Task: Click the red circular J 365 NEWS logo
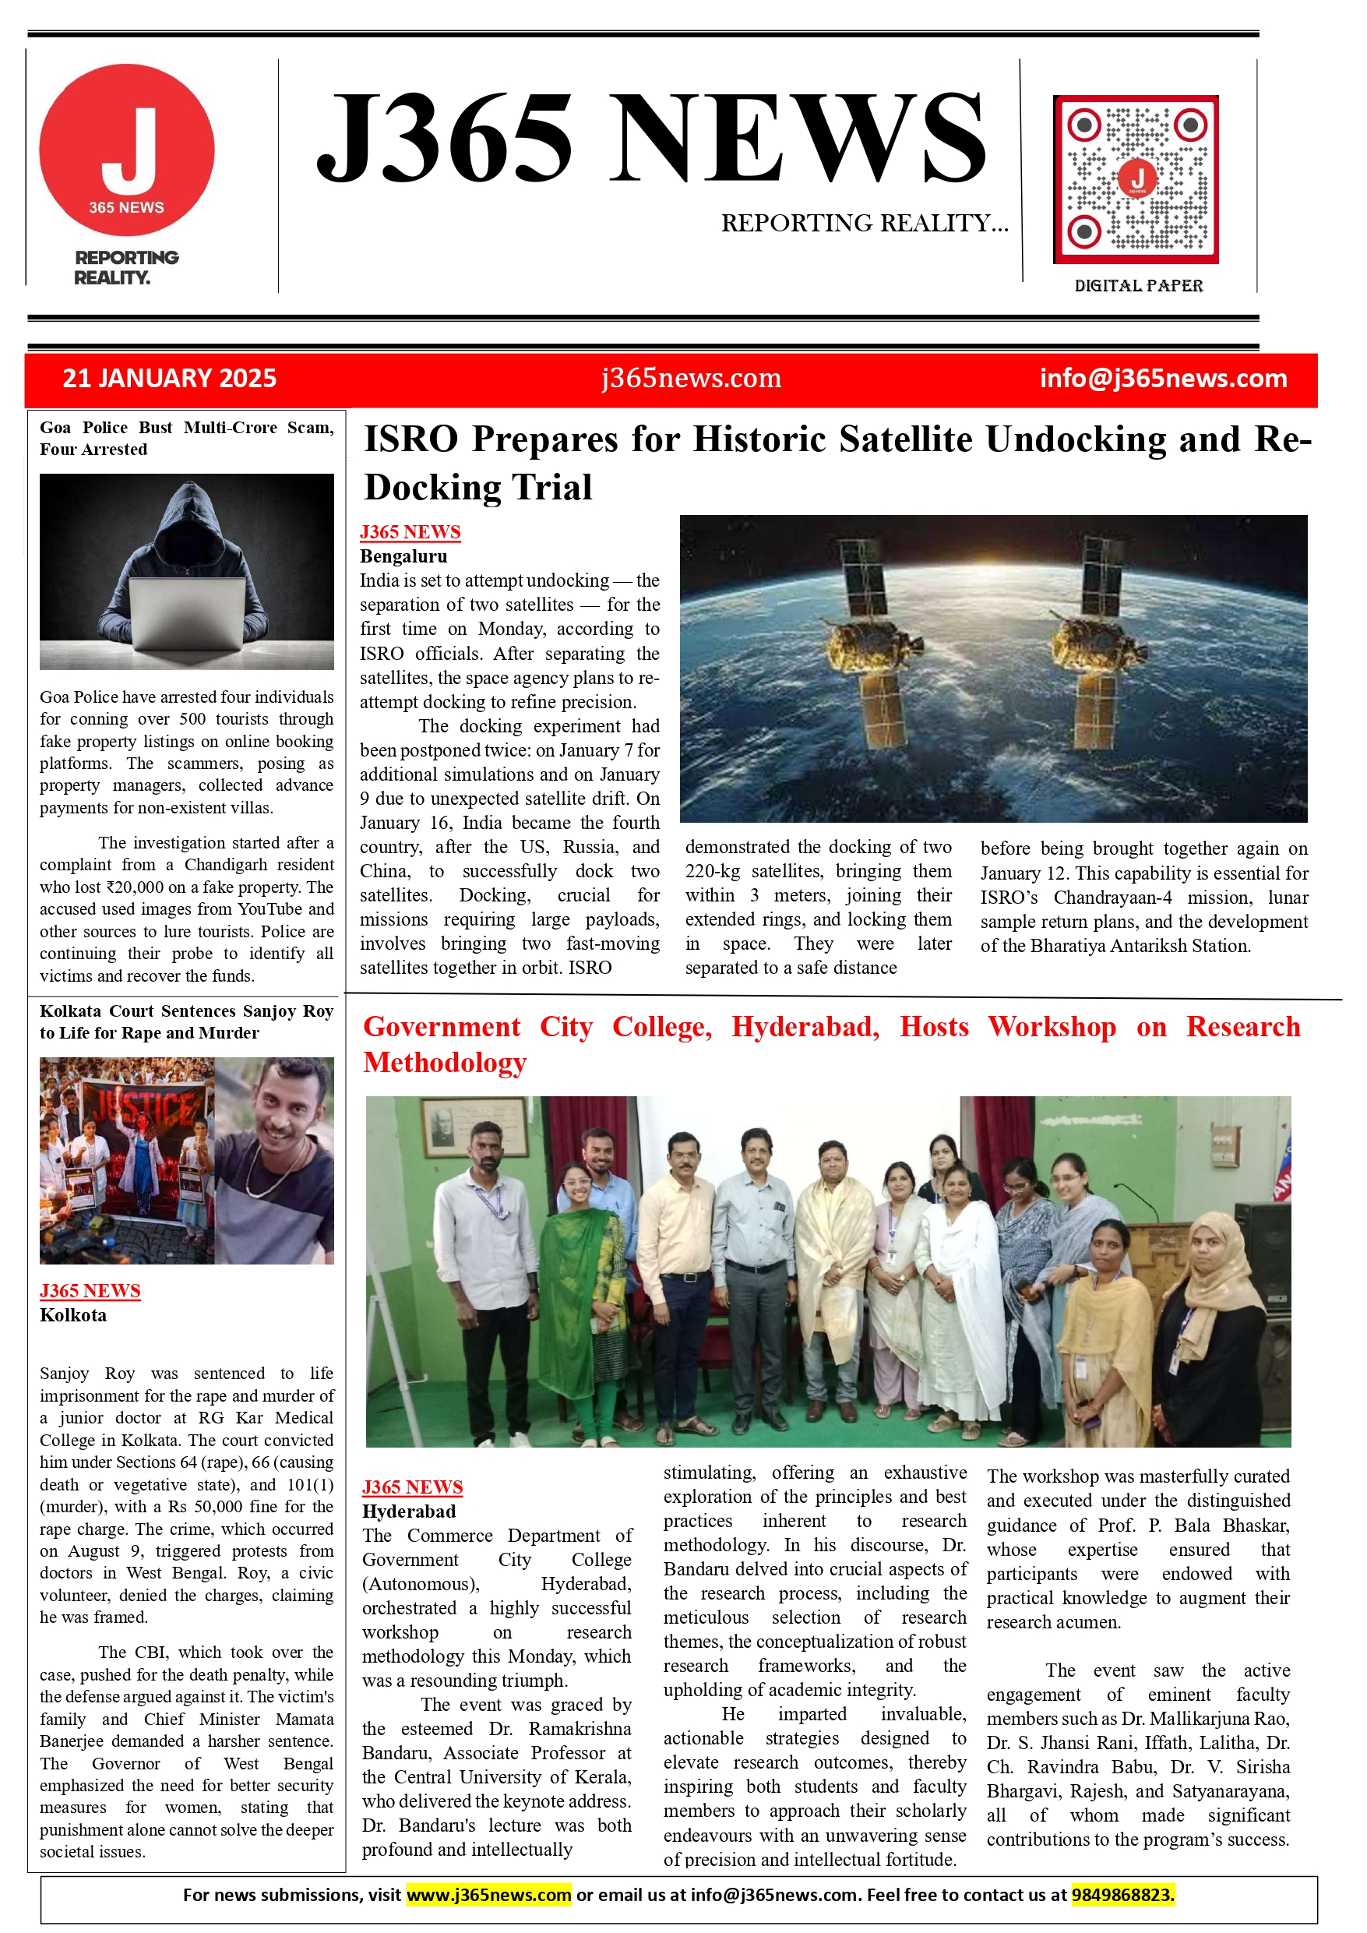point(126,150)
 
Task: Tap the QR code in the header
point(1136,178)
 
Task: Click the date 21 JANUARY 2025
point(169,378)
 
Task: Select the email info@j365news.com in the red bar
point(1162,378)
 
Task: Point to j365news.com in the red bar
point(690,378)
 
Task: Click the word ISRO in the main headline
point(410,439)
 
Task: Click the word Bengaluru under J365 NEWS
point(403,556)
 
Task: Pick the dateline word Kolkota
point(73,1315)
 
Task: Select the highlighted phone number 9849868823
point(1122,1894)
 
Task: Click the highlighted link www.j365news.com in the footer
point(488,1894)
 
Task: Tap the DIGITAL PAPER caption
point(1138,286)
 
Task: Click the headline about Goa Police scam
point(186,438)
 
